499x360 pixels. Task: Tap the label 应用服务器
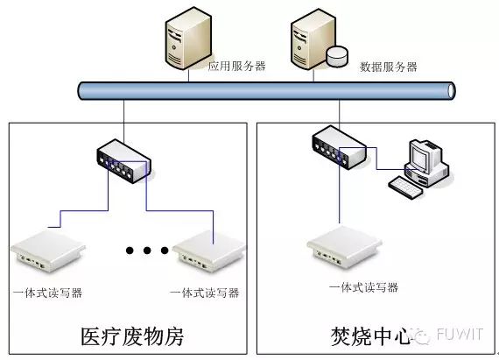click(x=236, y=66)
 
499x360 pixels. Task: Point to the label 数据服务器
click(x=389, y=67)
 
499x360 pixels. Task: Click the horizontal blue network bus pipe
click(x=263, y=90)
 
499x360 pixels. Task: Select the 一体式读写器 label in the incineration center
click(x=363, y=287)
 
